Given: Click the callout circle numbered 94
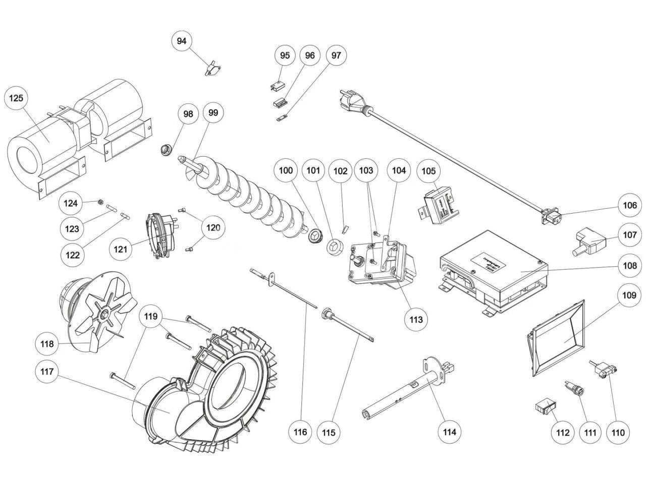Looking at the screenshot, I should click(182, 41).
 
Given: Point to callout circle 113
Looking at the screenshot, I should click(416, 319).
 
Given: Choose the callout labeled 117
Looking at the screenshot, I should click(46, 372).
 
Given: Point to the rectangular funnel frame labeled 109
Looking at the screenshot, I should click(555, 338).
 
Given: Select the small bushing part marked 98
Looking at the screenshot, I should click(165, 149).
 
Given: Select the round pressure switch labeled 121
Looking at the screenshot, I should click(160, 235).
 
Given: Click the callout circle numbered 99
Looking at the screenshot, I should click(213, 113).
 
